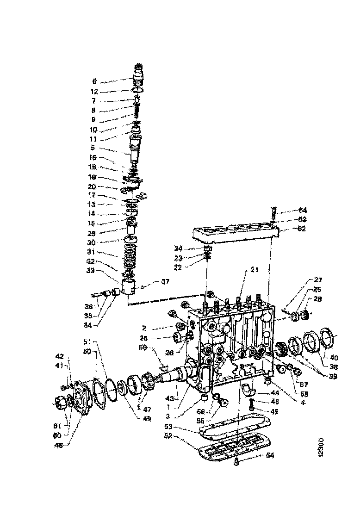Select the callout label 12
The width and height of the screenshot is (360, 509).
click(94, 92)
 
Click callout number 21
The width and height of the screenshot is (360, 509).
click(254, 269)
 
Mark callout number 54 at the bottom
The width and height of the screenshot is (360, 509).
click(270, 455)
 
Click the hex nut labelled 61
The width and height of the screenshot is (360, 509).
click(60, 404)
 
